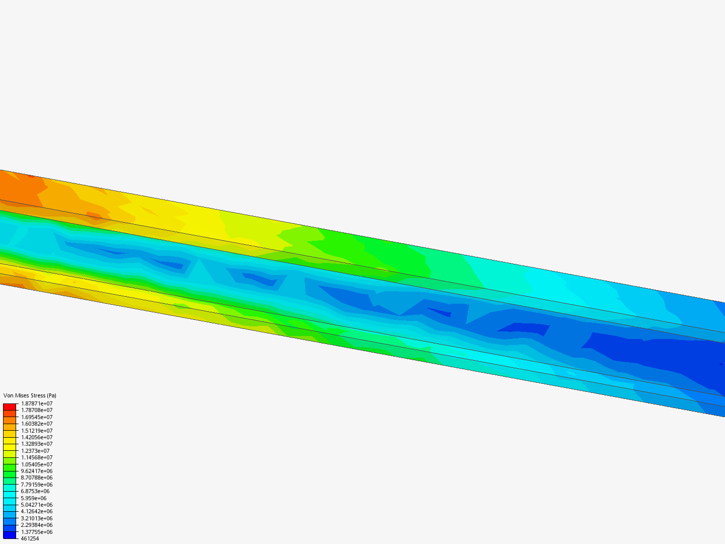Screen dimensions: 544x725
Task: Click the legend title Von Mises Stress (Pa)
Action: click(x=30, y=395)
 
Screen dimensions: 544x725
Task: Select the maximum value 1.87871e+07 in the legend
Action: click(x=36, y=403)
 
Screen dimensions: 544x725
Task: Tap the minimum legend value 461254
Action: click(x=30, y=538)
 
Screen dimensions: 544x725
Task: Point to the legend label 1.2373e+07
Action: click(x=35, y=451)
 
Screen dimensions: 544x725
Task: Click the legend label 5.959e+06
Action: click(x=33, y=498)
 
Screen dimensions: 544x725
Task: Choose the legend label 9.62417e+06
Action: click(x=36, y=471)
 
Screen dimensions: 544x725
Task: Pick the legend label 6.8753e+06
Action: click(x=35, y=491)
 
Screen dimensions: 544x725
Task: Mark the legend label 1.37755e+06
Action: click(x=36, y=532)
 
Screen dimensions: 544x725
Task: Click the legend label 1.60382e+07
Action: click(x=36, y=424)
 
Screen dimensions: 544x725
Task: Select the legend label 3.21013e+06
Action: click(x=36, y=518)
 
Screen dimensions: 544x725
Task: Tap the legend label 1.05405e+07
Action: click(x=36, y=464)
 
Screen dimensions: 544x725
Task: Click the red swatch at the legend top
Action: click(x=10, y=406)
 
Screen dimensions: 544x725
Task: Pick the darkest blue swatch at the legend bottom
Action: click(x=10, y=535)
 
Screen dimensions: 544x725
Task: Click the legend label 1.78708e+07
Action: click(x=36, y=410)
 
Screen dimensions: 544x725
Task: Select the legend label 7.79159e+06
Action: click(x=36, y=485)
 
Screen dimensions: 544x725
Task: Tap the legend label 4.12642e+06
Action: click(x=36, y=511)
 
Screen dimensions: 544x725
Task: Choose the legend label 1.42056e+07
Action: click(x=36, y=437)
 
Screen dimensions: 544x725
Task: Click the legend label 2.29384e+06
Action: click(x=36, y=525)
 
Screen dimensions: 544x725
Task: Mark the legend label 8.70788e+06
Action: click(x=36, y=478)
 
